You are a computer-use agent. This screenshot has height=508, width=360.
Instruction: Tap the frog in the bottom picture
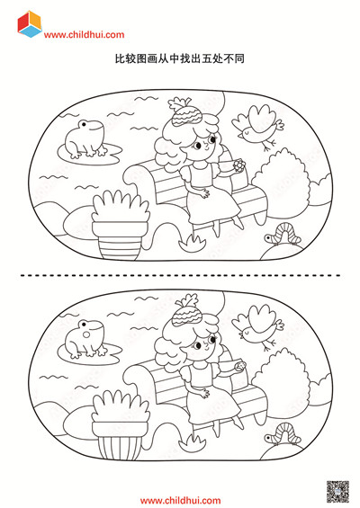85,339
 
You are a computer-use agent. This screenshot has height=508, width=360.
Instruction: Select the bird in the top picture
258,127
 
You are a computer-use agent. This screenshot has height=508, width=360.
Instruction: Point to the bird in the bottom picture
258,326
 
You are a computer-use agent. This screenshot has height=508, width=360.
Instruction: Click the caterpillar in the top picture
283,235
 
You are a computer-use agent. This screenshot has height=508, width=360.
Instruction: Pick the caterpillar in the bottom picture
283,435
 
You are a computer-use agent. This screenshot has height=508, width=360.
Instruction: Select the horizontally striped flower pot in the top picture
120,240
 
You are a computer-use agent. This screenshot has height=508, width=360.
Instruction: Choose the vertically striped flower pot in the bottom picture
120,441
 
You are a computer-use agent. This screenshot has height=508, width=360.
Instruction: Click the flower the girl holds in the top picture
238,165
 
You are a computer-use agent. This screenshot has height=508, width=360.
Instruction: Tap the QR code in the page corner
337,492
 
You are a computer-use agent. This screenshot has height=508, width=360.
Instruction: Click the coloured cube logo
30,24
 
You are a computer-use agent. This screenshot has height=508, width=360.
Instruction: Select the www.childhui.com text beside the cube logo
84,35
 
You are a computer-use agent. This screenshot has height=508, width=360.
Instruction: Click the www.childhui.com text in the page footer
180,501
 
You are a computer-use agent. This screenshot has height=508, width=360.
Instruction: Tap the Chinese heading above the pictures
180,58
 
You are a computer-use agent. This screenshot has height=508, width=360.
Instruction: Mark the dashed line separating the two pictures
180,275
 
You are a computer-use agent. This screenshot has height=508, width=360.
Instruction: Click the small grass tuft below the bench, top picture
193,243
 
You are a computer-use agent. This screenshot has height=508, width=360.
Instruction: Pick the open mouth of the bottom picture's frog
86,334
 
